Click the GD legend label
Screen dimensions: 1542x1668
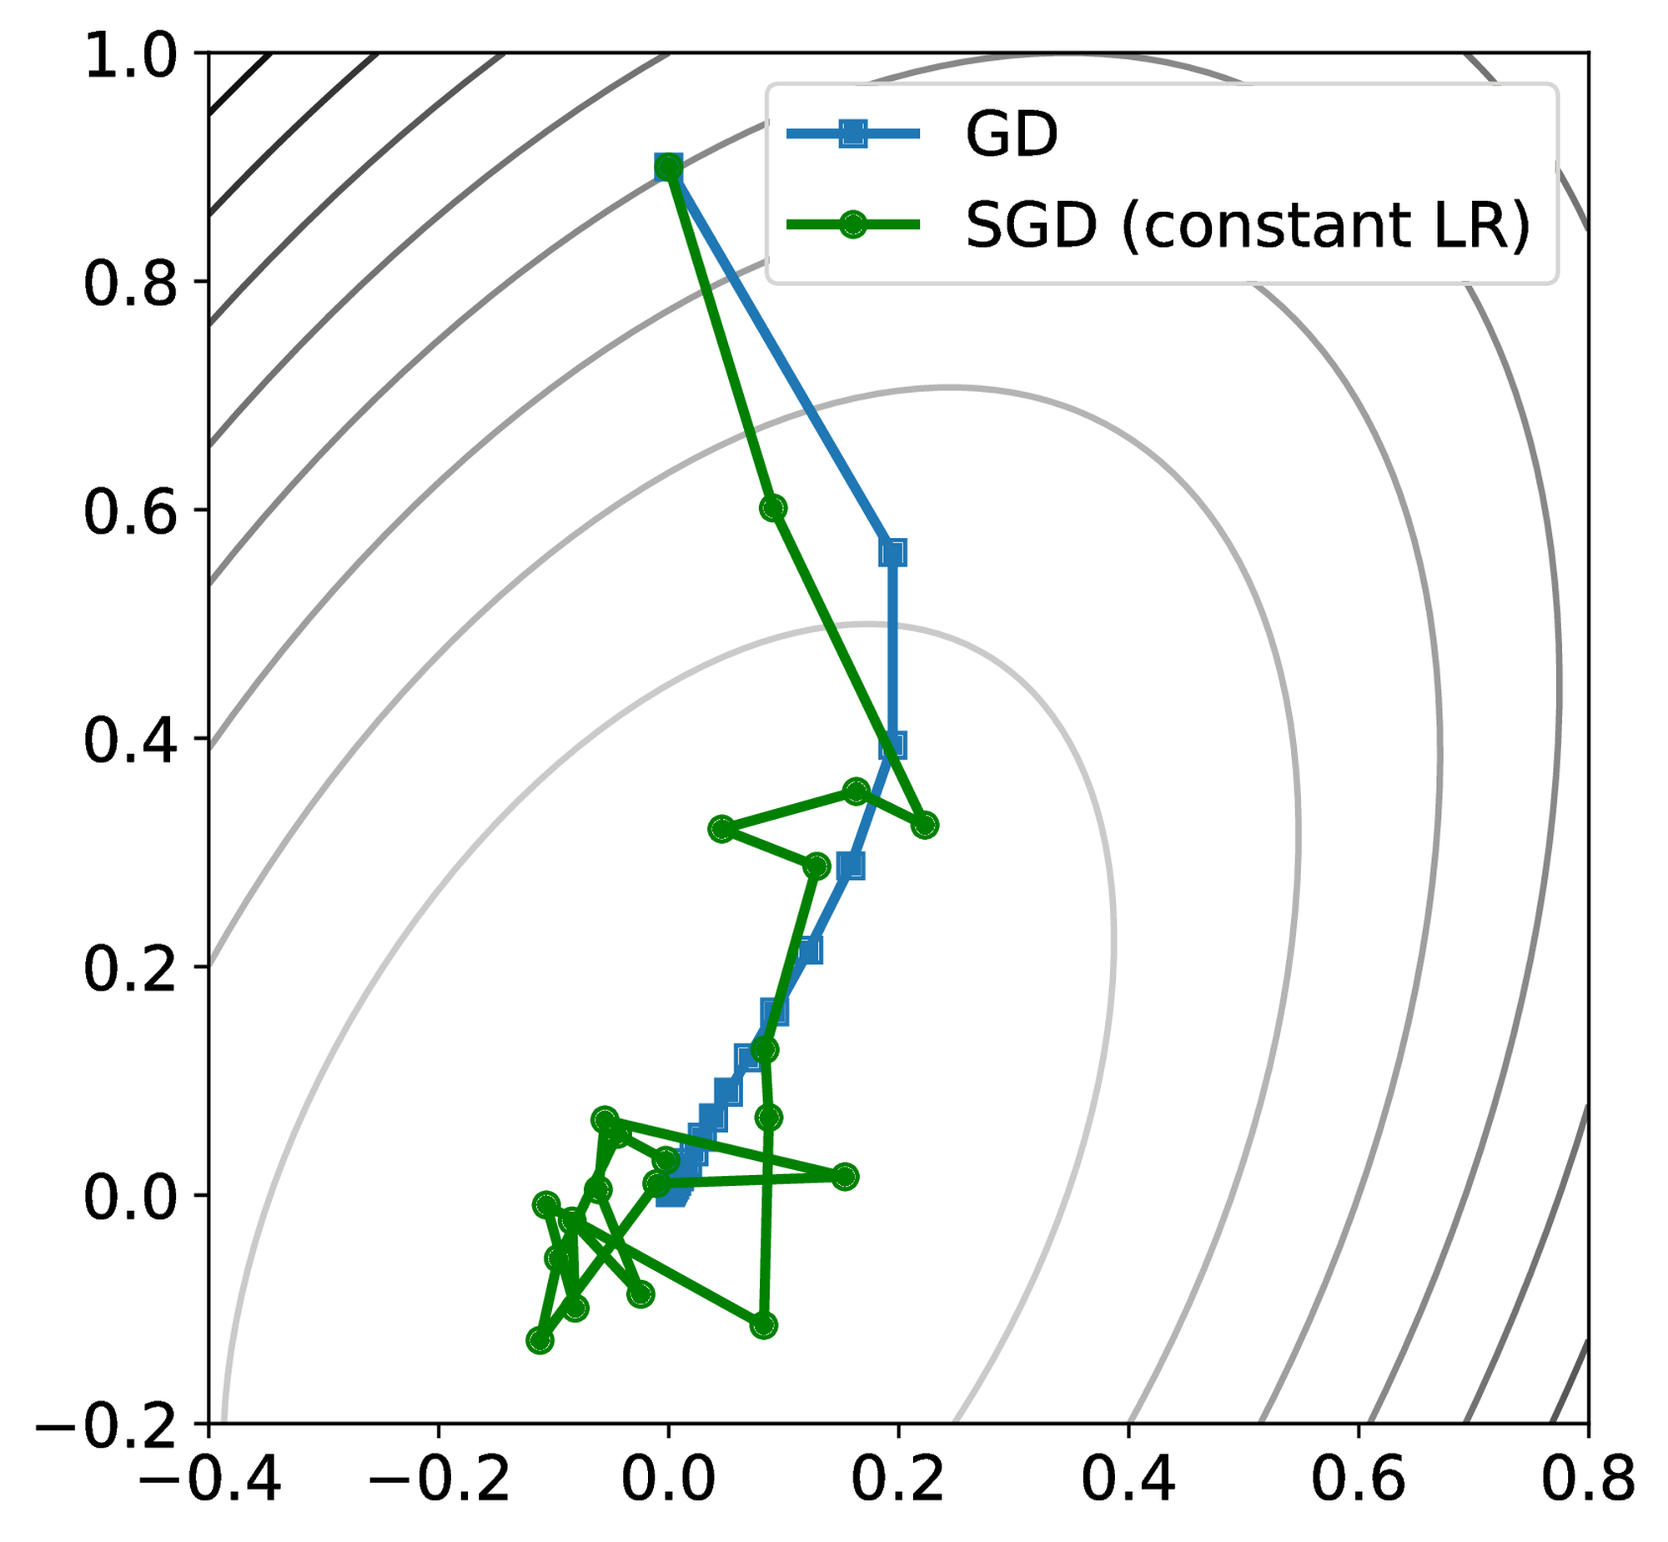pyautogui.click(x=1011, y=133)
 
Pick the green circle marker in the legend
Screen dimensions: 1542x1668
pyautogui.click(x=852, y=224)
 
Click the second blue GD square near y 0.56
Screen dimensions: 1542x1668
pyautogui.click(x=892, y=552)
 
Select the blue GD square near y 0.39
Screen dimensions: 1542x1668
pyautogui.click(x=893, y=745)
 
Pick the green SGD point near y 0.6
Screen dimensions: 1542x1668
pyautogui.click(x=773, y=507)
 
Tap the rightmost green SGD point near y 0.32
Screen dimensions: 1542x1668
pyautogui.click(x=925, y=826)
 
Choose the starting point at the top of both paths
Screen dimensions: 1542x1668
pyautogui.click(x=668, y=168)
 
